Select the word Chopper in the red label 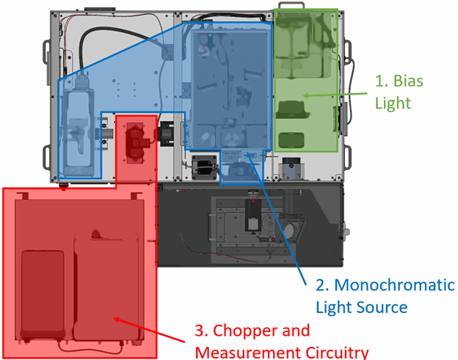[259, 330]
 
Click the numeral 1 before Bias [380, 81]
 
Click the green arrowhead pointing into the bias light [306, 95]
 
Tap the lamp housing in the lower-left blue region [77, 132]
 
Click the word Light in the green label [393, 103]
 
